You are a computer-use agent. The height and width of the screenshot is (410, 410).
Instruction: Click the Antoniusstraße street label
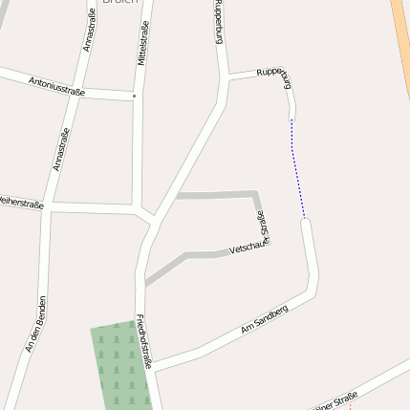(57, 86)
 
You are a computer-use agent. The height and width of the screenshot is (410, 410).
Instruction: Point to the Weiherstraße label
(21, 202)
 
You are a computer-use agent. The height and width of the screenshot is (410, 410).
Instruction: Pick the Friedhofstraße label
(144, 342)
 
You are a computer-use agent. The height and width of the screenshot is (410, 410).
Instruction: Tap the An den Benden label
(36, 326)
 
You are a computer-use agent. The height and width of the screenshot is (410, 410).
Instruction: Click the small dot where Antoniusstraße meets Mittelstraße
(135, 96)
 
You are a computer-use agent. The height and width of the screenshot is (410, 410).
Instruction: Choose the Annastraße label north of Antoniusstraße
(90, 31)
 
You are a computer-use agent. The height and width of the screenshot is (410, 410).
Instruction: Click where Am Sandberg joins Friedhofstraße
(156, 367)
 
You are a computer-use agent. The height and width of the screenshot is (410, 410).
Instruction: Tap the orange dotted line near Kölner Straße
(350, 406)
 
